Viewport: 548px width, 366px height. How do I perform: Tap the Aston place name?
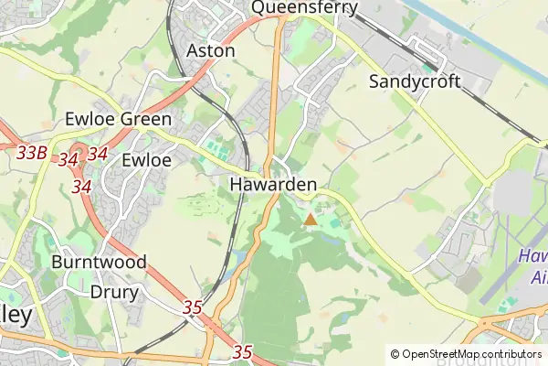[x=210, y=51]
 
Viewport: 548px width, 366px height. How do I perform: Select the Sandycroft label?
[x=415, y=82]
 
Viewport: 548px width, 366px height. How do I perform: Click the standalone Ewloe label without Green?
[x=147, y=159]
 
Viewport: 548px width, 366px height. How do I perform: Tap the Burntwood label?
[x=99, y=262]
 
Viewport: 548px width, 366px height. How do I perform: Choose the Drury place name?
[x=115, y=293]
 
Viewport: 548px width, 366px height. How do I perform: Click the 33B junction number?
[x=32, y=153]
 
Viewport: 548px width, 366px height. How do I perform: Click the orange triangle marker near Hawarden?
[x=311, y=219]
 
